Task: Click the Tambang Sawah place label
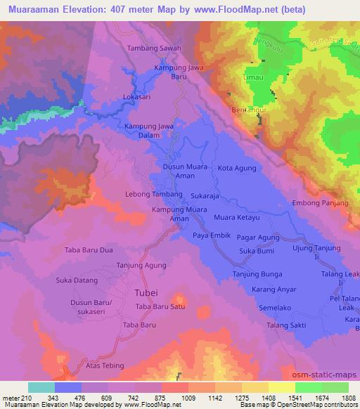point(154,48)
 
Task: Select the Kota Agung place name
point(235,168)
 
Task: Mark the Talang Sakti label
point(287,325)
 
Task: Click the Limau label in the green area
point(255,83)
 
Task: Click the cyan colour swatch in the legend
point(41,387)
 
